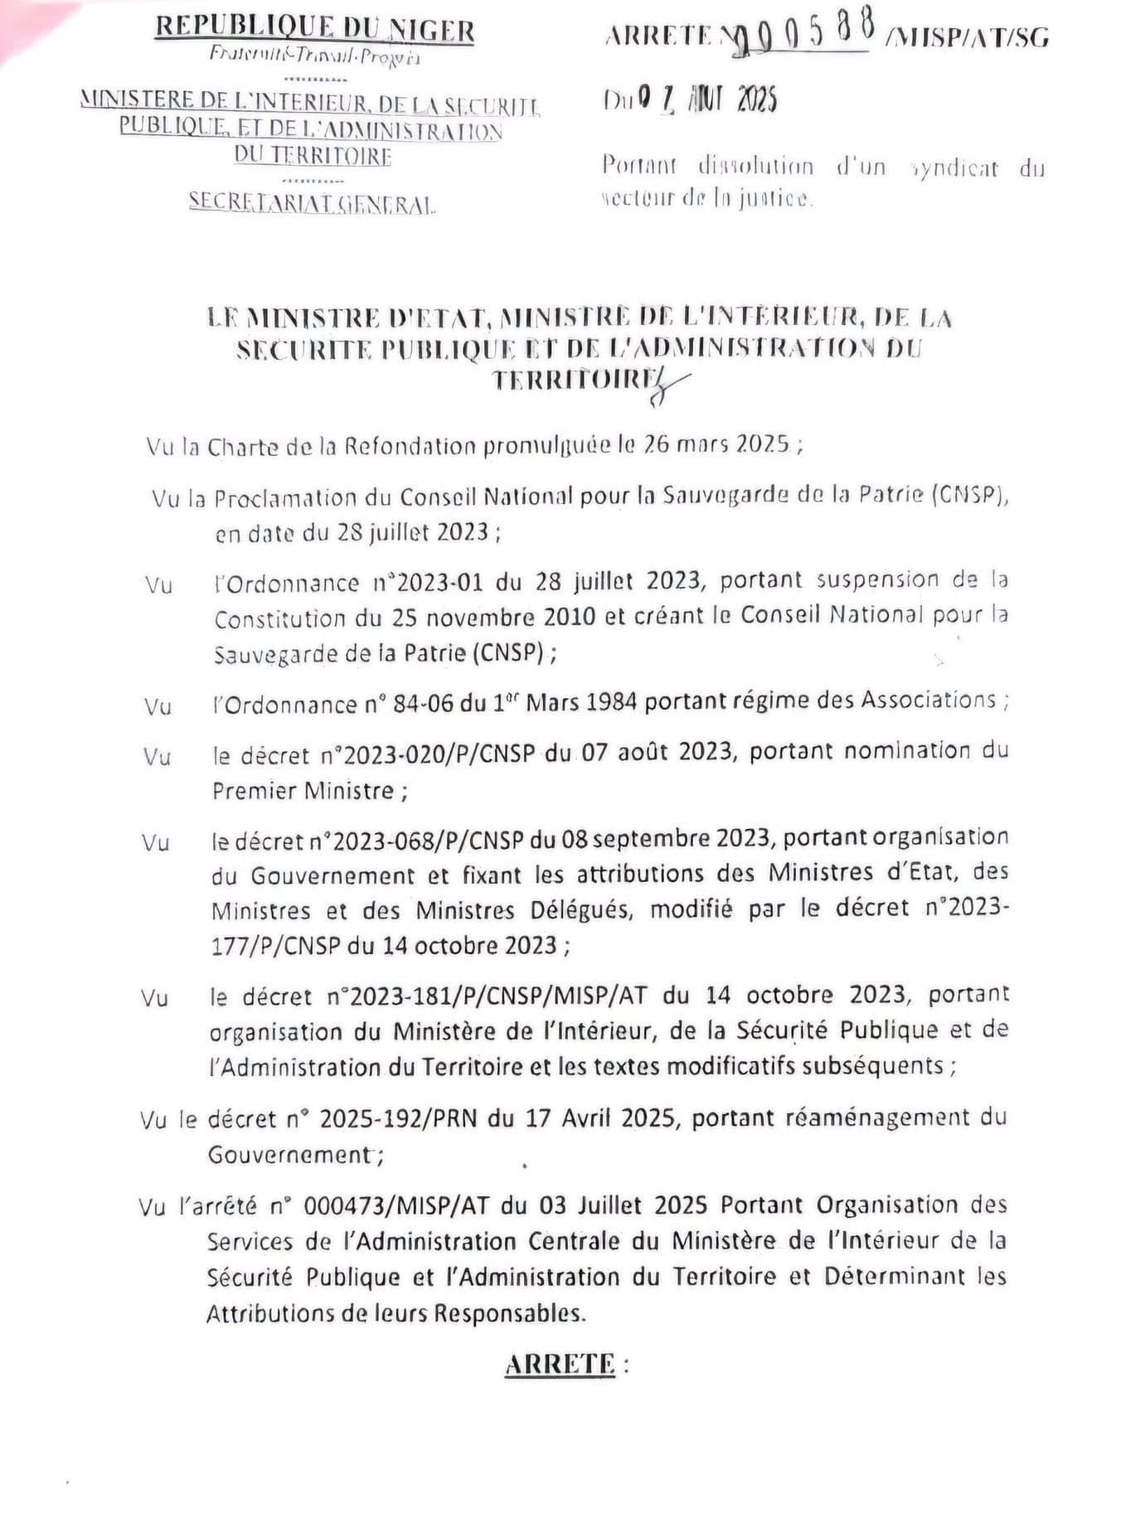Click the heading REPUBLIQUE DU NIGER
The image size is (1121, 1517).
pos(315,29)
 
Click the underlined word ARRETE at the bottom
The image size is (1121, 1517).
pos(560,1364)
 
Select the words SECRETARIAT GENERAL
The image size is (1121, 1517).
pos(312,203)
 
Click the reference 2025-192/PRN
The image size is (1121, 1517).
pos(399,1119)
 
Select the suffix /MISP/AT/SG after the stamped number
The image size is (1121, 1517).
pos(967,36)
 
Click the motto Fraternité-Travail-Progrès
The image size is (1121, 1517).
pos(315,56)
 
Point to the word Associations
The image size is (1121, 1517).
pos(928,700)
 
